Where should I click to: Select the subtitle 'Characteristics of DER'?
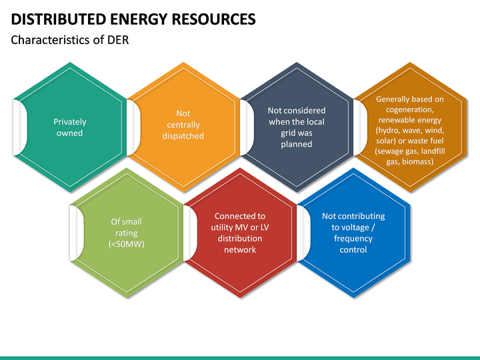tap(70, 41)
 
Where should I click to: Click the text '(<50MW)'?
tap(126, 244)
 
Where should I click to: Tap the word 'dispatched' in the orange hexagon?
tap(183, 136)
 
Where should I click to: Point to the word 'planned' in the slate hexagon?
tap(297, 144)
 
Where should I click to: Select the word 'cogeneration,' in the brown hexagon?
tap(410, 109)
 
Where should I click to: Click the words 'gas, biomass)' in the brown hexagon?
tap(410, 161)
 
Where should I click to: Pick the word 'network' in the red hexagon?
tap(240, 250)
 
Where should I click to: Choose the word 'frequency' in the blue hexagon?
tap(353, 239)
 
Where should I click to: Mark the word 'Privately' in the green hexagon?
tap(69, 121)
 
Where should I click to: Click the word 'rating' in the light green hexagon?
tap(126, 233)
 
